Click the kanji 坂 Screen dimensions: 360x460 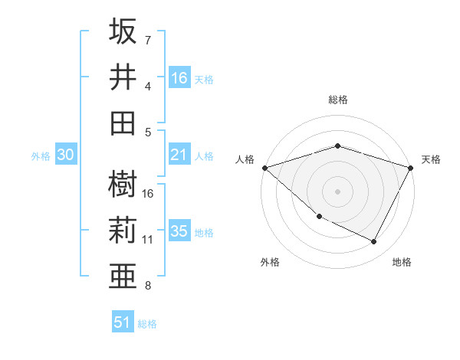[123, 32]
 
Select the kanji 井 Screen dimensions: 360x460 [123, 77]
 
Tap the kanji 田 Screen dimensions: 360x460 [123, 123]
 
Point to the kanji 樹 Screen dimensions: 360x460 [123, 185]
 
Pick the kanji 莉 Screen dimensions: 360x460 [123, 230]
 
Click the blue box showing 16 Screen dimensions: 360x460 [179, 77]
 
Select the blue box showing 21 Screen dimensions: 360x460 [179, 155]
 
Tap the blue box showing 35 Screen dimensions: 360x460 [179, 231]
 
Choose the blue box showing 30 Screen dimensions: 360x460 [66, 155]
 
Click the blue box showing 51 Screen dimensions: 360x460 [123, 322]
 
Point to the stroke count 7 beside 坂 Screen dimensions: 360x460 [148, 41]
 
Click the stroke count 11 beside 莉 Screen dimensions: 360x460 [148, 240]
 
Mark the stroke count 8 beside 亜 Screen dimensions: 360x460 [148, 286]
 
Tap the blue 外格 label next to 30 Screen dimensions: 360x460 [41, 156]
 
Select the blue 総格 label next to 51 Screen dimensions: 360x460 [147, 324]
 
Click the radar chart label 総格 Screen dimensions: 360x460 [337, 100]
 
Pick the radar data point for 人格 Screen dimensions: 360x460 [264, 167]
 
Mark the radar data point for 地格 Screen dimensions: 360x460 [374, 241]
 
